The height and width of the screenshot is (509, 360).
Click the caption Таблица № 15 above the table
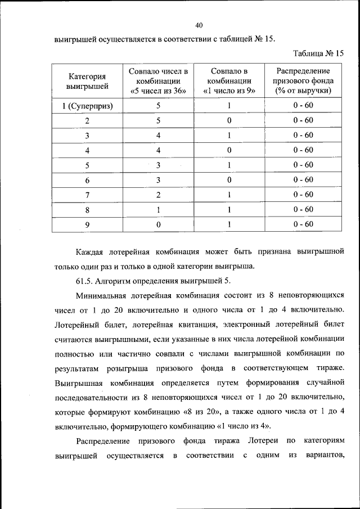point(318,53)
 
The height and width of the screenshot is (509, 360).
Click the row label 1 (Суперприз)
point(87,105)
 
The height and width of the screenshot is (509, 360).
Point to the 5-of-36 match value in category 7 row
point(158,195)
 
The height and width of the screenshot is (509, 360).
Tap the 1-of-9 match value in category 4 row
point(229,150)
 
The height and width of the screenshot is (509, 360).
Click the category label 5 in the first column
point(87,165)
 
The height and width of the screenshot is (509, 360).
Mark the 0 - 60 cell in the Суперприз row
point(303,105)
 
